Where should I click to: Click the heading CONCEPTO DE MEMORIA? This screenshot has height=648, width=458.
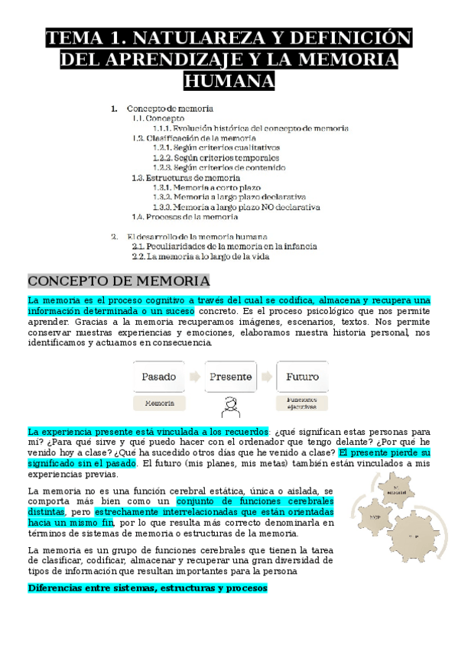click(119, 281)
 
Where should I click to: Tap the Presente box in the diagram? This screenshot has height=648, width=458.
click(230, 376)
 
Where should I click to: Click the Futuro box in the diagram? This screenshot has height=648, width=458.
click(302, 376)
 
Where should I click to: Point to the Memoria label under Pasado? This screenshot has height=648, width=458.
click(159, 402)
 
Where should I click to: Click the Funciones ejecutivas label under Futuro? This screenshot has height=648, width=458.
click(302, 403)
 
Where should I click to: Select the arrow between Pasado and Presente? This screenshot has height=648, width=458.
click(195, 376)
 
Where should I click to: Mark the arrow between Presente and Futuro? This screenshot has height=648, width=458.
click(266, 376)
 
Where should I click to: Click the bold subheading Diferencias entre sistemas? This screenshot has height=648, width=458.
click(147, 588)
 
